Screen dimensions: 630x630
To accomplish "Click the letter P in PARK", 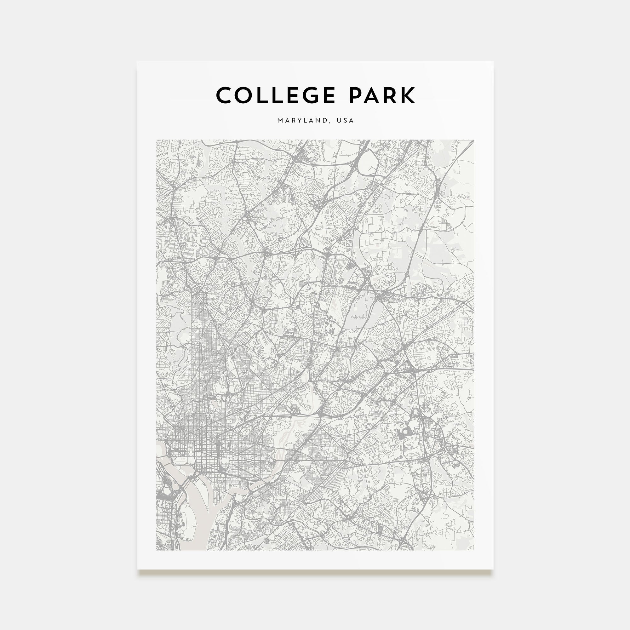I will point(356,95).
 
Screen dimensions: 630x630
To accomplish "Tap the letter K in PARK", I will point(408,95).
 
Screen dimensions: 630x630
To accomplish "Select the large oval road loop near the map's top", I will point(368,163).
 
